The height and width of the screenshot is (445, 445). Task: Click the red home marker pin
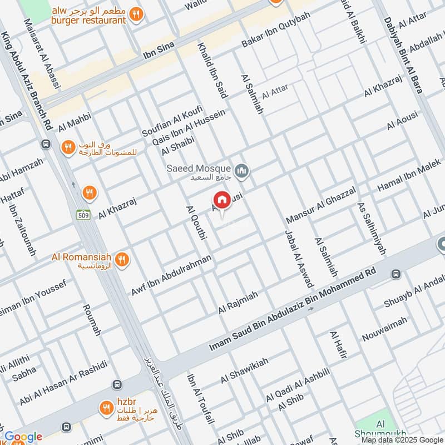(x=221, y=200)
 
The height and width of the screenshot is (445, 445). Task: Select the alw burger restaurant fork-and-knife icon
(x=135, y=15)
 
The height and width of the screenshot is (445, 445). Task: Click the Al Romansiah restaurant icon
(x=122, y=259)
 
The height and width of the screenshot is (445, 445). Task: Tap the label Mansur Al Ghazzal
(x=320, y=205)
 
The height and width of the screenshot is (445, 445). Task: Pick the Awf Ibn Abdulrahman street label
(x=171, y=275)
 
